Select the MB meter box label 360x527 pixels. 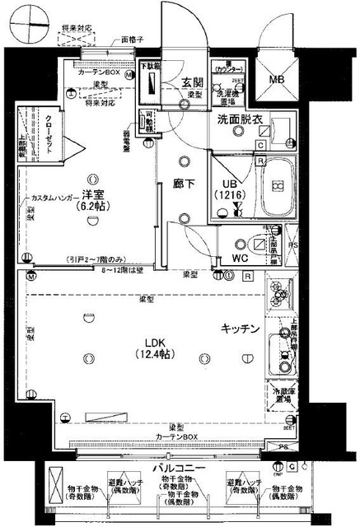click(282, 80)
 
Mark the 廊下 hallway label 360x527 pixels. click(183, 184)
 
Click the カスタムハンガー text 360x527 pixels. click(55, 198)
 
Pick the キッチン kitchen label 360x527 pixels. click(241, 329)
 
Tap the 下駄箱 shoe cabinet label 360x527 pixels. click(147, 64)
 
